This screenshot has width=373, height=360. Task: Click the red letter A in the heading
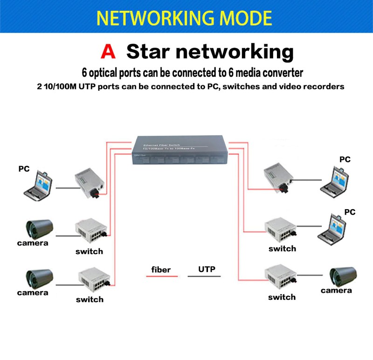point(108,51)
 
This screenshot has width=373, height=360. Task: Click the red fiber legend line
point(162,277)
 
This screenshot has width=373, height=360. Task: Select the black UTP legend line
point(204,277)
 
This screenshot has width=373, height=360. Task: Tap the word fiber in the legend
point(161,270)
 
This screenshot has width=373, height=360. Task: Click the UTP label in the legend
point(207,269)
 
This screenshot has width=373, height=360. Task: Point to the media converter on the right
point(277,178)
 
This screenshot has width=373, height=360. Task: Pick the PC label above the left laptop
point(24,169)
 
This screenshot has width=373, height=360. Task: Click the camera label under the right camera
point(336,291)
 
